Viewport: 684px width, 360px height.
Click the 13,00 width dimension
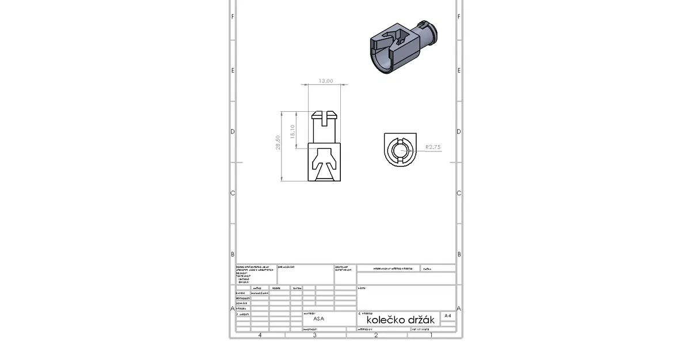click(x=326, y=81)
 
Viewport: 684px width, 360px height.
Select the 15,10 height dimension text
click(x=292, y=132)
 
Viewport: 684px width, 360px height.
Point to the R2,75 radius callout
click(x=432, y=147)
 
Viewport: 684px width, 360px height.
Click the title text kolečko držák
click(x=397, y=320)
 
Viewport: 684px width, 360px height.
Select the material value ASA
click(x=318, y=318)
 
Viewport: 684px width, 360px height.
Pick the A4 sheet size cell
click(x=448, y=316)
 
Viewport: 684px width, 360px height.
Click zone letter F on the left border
click(x=233, y=16)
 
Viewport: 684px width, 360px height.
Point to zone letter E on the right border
click(x=458, y=70)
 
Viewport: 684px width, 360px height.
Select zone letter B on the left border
click(x=233, y=254)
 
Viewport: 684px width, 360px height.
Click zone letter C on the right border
click(x=458, y=193)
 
